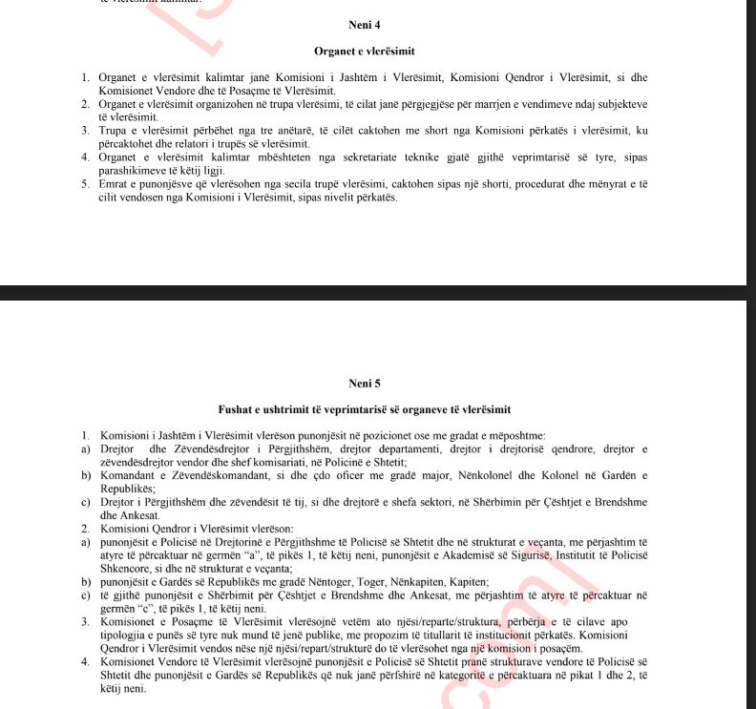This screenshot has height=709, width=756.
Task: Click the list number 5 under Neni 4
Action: tap(86, 185)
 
